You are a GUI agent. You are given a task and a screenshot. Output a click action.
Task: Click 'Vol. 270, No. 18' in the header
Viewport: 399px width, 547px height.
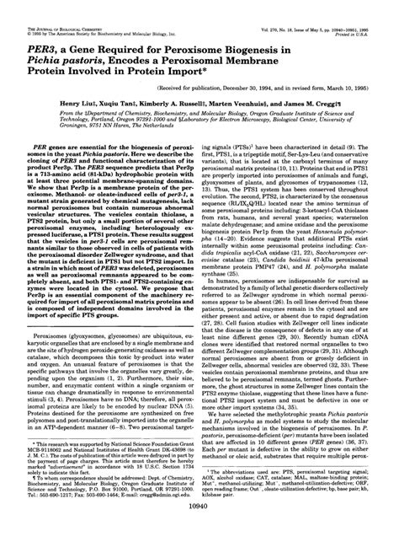pyautogui.click(x=283, y=8)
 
